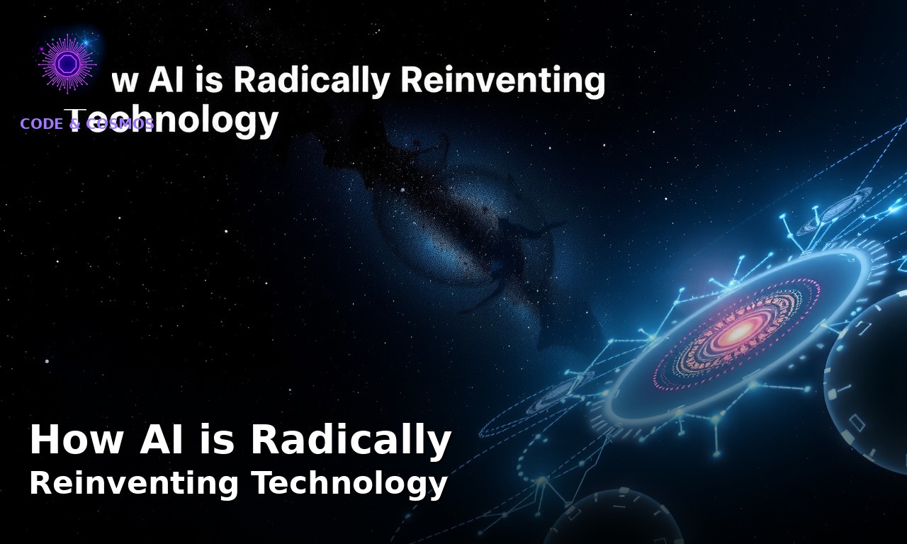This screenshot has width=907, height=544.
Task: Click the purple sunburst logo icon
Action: (67, 64)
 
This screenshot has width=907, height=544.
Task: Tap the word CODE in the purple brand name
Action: (42, 124)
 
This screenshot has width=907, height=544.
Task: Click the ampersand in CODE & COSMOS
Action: (75, 124)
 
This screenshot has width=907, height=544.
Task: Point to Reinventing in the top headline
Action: (502, 80)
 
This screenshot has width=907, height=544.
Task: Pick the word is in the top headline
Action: (210, 80)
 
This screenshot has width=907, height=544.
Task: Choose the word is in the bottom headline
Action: (219, 440)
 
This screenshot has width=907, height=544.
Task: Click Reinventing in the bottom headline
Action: (134, 484)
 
